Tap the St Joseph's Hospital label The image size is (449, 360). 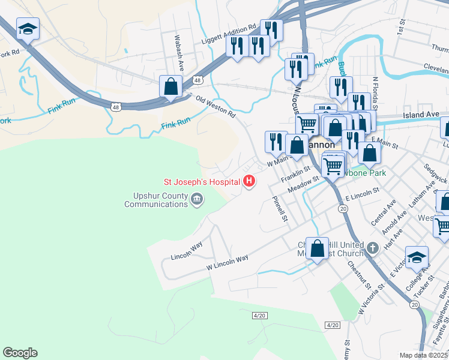pyautogui.click(x=202, y=182)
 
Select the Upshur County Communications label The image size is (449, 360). pyautogui.click(x=156, y=200)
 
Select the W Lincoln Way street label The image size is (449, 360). pyautogui.click(x=227, y=262)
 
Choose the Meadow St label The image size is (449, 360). pyautogui.click(x=303, y=185)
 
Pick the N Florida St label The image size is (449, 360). pyautogui.click(x=376, y=91)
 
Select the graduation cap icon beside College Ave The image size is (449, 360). pyautogui.click(x=417, y=257)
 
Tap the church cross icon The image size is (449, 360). pyautogui.click(x=372, y=248)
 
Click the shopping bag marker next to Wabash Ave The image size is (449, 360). pyautogui.click(x=171, y=87)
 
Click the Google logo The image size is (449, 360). pyautogui.click(x=20, y=352)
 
